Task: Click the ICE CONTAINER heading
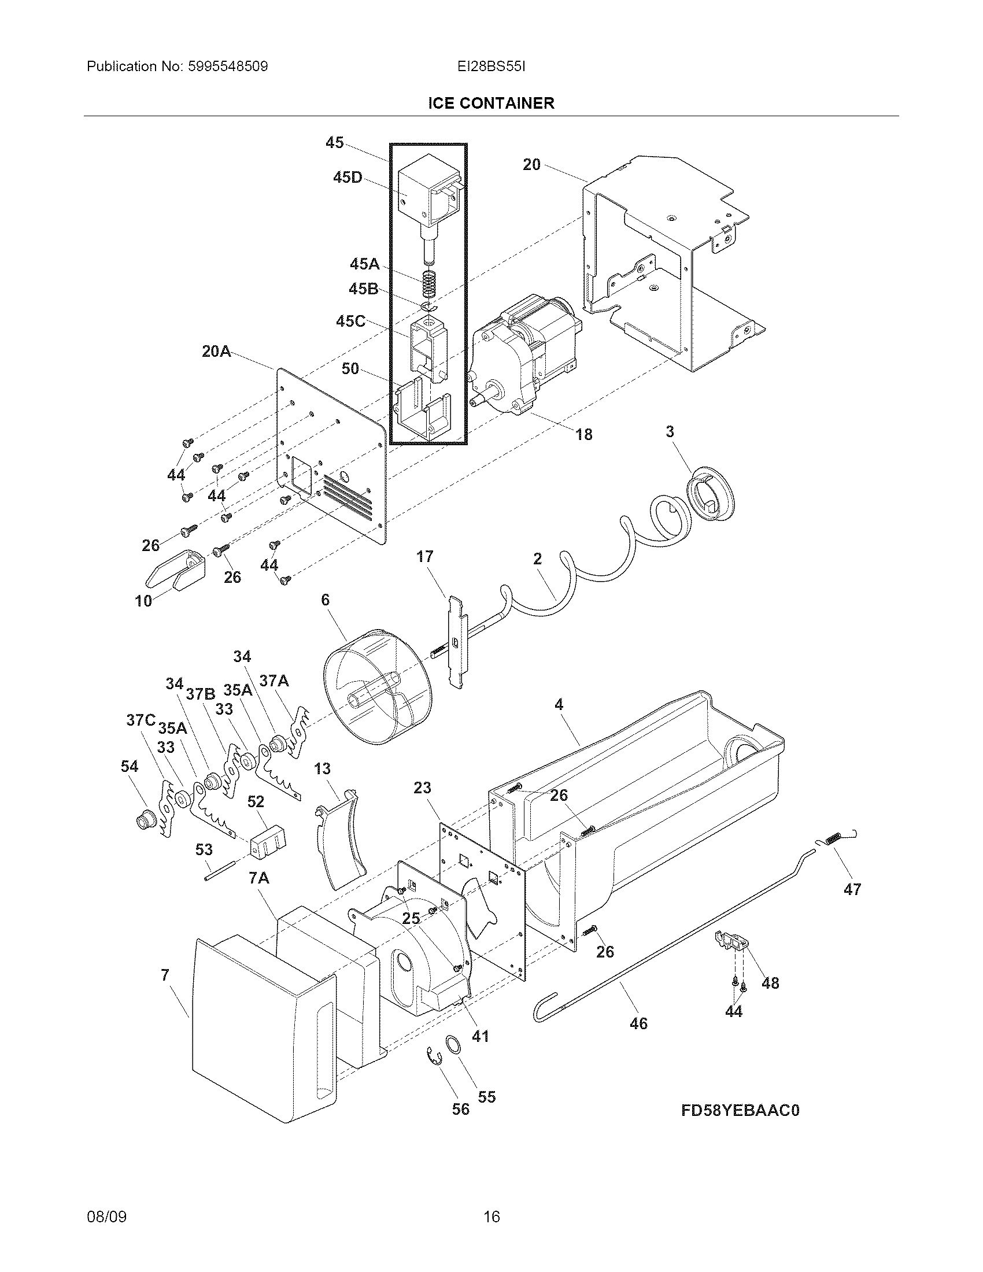[491, 103]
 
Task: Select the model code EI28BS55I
[491, 66]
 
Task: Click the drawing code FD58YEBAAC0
[740, 1111]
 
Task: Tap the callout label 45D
[347, 178]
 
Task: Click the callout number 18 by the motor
[583, 434]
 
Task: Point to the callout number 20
[531, 165]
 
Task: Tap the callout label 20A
[216, 352]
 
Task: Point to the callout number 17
[424, 557]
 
